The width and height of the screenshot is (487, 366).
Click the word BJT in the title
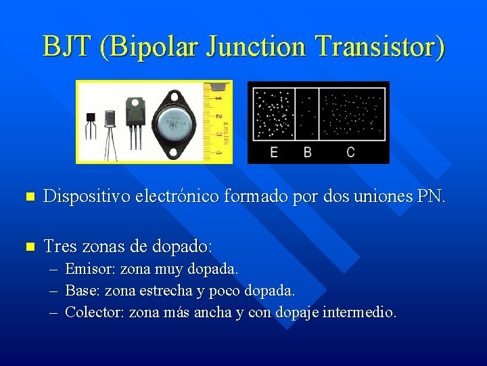(x=68, y=47)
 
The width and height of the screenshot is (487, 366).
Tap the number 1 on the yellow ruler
(x=218, y=99)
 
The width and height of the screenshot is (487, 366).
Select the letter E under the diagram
(x=274, y=152)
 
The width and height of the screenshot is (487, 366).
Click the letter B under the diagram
(x=308, y=152)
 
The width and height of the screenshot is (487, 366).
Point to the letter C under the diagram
(x=350, y=152)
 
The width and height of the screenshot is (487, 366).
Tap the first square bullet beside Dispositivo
(x=28, y=198)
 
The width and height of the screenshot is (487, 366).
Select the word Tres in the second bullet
(x=60, y=246)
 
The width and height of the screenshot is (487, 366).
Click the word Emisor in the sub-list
(x=91, y=269)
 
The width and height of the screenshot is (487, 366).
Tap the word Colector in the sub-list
(x=95, y=312)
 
